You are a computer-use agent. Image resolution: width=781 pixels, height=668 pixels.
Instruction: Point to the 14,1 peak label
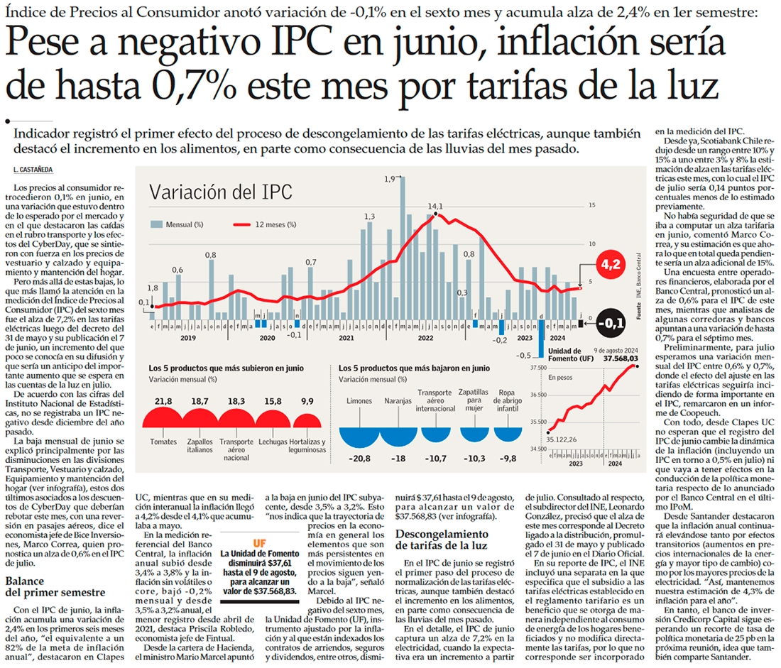coord(435,206)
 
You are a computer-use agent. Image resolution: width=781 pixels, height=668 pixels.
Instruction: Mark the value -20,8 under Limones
coord(359,459)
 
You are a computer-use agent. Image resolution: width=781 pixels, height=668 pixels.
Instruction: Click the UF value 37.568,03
coord(621,359)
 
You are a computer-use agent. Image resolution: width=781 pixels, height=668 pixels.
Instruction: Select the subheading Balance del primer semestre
coord(55,586)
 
